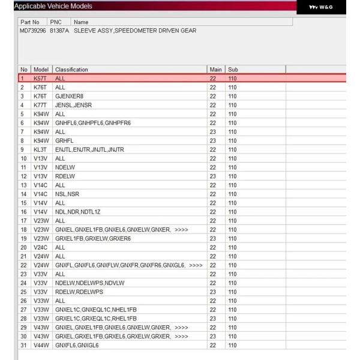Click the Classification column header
(71, 70)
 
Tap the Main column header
(215, 70)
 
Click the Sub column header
(233, 70)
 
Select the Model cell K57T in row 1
(40, 79)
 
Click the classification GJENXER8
(70, 96)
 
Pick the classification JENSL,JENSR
(71, 105)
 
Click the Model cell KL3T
(40, 149)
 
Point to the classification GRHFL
(64, 140)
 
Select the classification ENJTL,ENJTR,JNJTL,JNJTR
(89, 149)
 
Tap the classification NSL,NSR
(67, 194)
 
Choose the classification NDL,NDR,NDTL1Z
(79, 211)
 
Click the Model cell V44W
(41, 345)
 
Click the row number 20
(23, 247)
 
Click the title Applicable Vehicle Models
(53, 6)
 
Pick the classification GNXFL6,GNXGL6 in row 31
(77, 345)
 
